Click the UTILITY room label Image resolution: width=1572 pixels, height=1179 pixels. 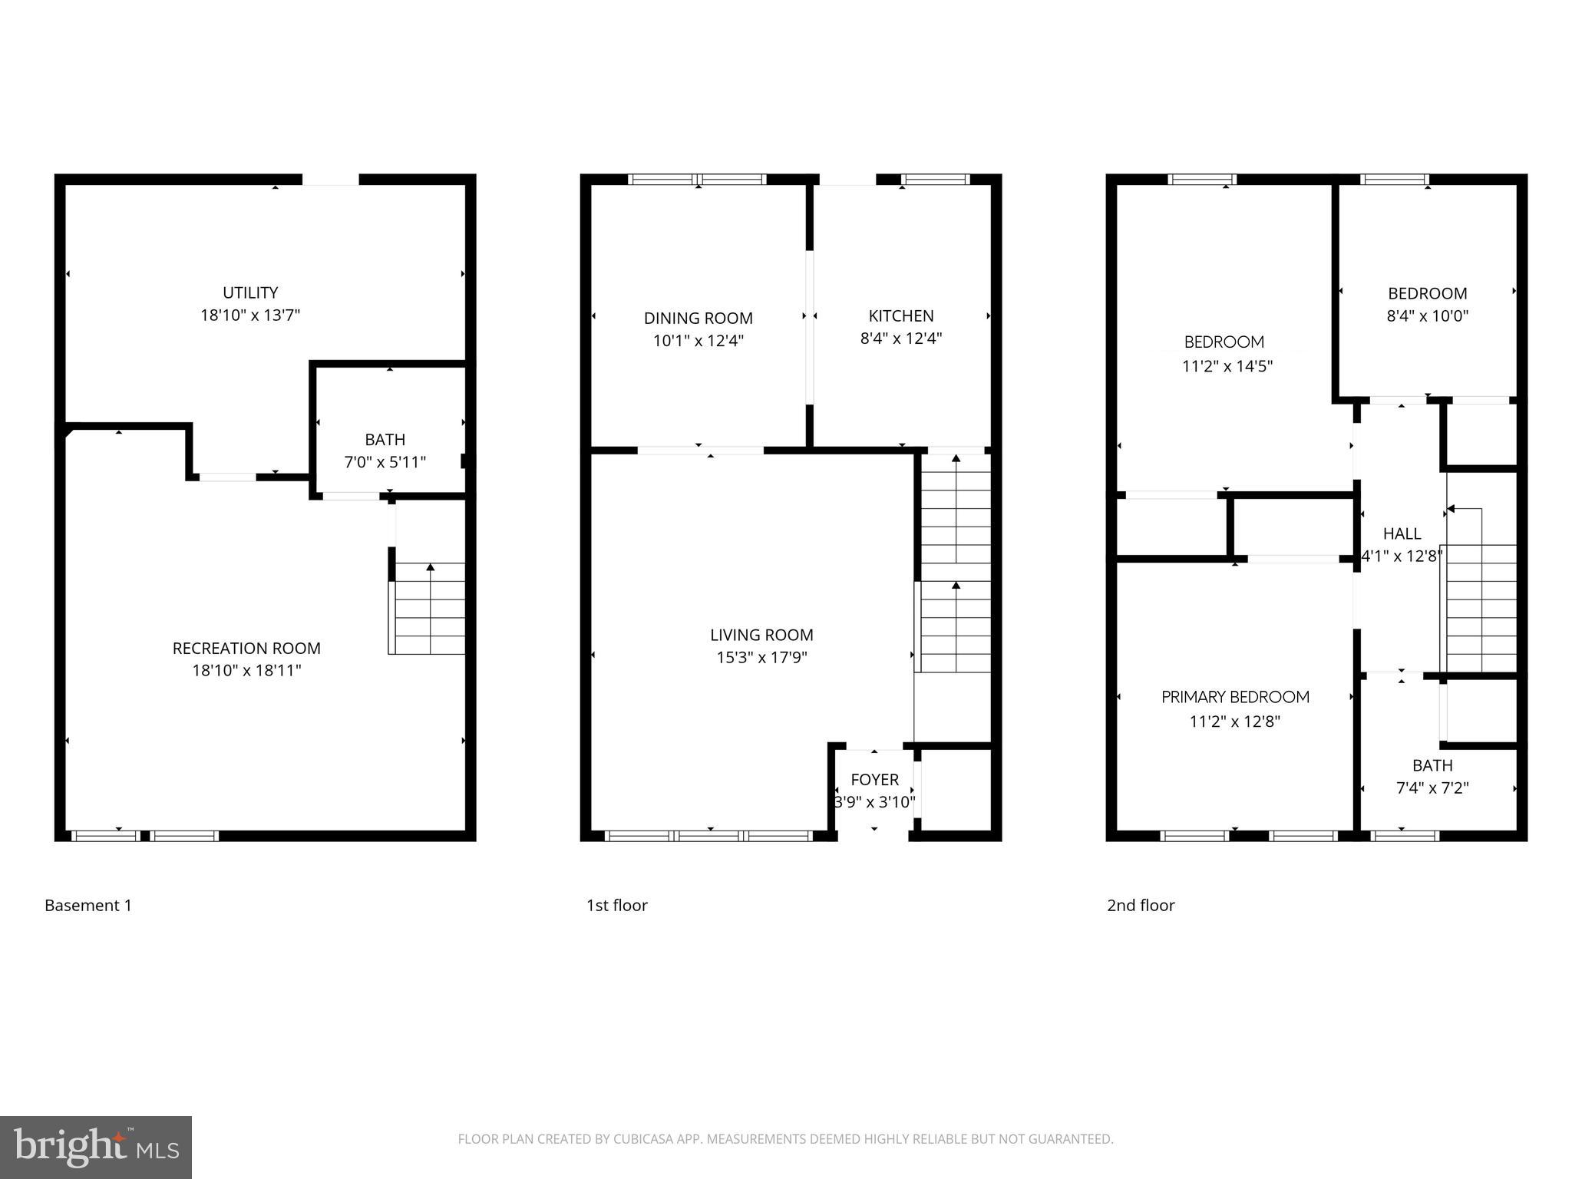click(250, 292)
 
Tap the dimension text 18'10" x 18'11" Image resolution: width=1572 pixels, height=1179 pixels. click(246, 671)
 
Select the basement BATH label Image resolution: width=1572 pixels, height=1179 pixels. click(385, 440)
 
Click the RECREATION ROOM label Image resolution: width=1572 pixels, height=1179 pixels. click(246, 649)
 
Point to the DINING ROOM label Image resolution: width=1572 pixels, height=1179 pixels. click(698, 319)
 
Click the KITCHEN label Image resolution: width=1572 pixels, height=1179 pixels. click(901, 316)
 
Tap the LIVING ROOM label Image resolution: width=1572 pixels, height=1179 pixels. click(761, 636)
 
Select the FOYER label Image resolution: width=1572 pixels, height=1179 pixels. click(874, 780)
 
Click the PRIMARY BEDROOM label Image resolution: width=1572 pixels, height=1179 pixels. click(1235, 698)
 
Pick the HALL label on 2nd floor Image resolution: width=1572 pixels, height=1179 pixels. click(1402, 534)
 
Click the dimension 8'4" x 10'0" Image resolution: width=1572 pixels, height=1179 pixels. click(1427, 315)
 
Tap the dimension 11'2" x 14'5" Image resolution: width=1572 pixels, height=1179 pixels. click(1227, 367)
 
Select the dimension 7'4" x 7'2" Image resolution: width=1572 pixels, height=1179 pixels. click(1432, 788)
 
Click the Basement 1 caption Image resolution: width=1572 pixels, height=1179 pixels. click(88, 906)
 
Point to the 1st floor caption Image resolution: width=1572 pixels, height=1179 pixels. click(616, 906)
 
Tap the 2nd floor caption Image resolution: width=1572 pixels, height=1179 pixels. click(1141, 906)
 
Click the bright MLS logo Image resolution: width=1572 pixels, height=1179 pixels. click(96, 1147)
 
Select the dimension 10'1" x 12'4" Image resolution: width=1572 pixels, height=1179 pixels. click(698, 341)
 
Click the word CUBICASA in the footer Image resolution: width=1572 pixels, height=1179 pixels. click(642, 1139)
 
